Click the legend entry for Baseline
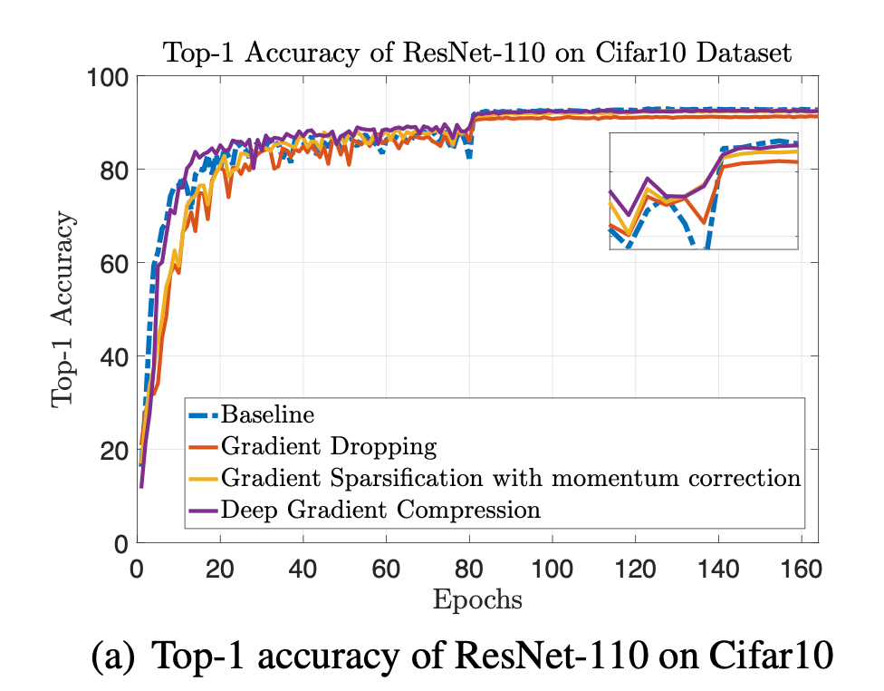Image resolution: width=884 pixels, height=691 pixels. pyautogui.click(x=269, y=415)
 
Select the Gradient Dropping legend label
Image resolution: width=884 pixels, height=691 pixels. pyautogui.click(x=329, y=446)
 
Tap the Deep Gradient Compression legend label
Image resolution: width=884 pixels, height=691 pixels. pyautogui.click(x=380, y=509)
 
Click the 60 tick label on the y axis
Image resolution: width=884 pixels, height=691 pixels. pyautogui.click(x=110, y=263)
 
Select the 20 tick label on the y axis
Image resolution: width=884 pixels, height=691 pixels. pyautogui.click(x=110, y=450)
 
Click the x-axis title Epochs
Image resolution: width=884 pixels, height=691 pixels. pyautogui.click(x=477, y=600)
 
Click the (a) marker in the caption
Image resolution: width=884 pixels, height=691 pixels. pyautogui.click(x=113, y=656)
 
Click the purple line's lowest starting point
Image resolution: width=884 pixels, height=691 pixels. pyautogui.click(x=141, y=487)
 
